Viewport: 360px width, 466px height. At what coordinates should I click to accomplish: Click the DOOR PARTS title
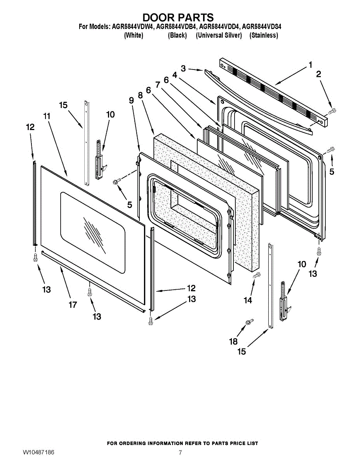178,17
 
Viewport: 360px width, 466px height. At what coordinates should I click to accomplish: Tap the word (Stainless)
264,35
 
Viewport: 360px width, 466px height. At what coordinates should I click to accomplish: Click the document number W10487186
38,453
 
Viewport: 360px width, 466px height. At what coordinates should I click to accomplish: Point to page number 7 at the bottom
180,453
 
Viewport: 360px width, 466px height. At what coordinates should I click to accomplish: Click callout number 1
310,65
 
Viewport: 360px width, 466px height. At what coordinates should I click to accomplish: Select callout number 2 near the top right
319,74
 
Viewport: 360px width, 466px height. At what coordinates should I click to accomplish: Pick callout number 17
73,305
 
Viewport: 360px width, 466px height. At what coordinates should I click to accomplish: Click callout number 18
233,341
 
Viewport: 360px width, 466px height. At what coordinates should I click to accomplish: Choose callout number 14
247,300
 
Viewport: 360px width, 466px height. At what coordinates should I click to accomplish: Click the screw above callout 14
257,275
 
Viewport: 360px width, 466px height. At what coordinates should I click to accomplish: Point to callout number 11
47,116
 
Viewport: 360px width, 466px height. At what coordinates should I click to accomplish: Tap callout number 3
183,69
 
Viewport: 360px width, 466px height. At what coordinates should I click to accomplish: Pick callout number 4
175,75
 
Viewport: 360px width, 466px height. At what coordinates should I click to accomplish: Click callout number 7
158,85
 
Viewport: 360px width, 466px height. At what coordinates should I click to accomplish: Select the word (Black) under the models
177,35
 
